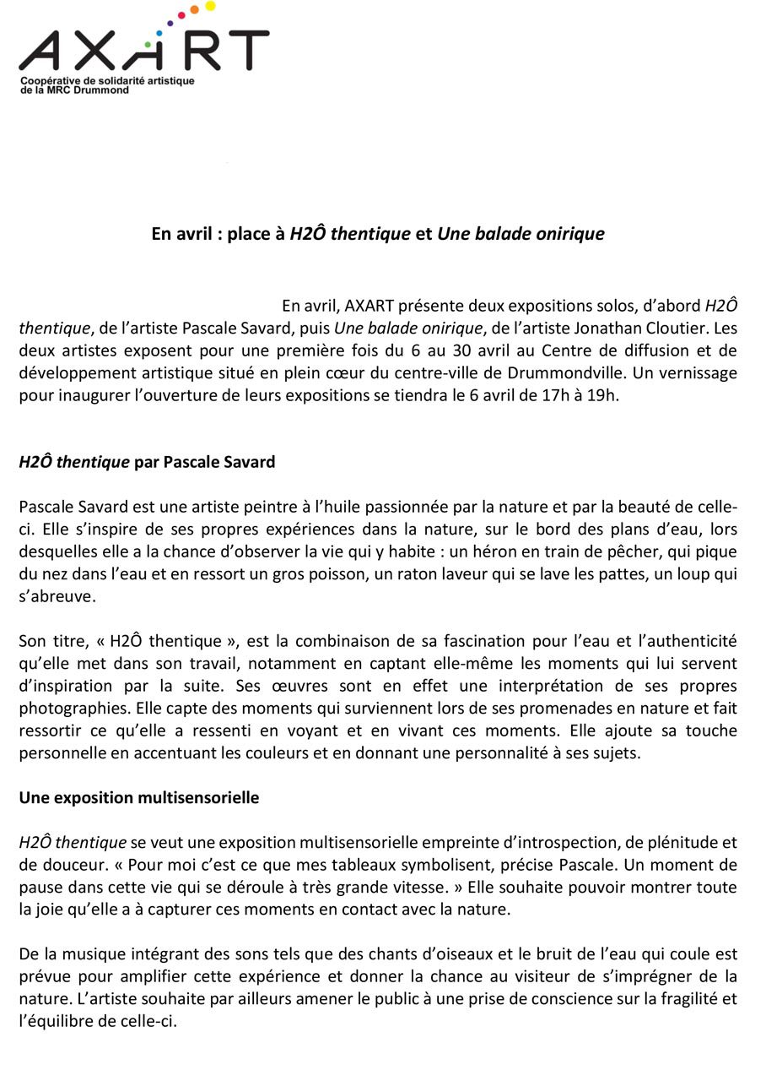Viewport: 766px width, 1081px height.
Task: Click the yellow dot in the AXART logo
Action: pyautogui.click(x=210, y=6)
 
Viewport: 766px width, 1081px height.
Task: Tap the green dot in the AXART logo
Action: pyautogui.click(x=148, y=44)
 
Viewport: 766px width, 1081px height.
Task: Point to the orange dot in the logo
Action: pyautogui.click(x=194, y=10)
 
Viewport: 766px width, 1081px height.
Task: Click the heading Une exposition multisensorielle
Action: pyautogui.click(x=139, y=797)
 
